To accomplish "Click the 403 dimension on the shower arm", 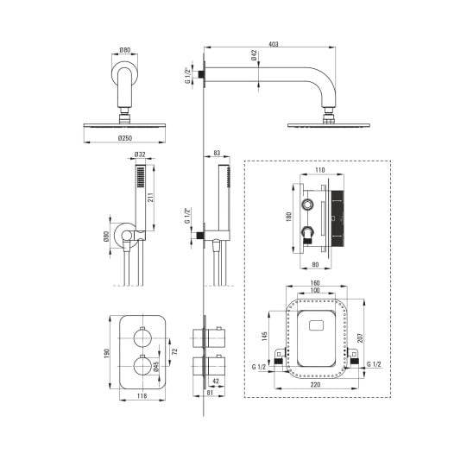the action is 273,44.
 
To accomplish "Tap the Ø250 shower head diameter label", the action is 125,138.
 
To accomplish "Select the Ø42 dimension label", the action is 254,55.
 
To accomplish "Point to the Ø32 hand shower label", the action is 140,155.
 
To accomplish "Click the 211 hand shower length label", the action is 151,198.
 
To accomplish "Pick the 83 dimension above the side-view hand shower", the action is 217,153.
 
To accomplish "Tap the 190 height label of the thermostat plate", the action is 106,353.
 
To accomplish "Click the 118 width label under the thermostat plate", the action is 142,395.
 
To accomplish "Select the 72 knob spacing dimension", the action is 174,351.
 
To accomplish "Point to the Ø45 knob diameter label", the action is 156,367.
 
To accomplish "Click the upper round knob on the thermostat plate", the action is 142,337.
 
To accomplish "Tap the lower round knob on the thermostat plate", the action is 142,366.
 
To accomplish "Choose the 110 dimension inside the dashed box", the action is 320,170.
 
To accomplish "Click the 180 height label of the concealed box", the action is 288,217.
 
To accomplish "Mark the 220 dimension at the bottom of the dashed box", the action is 315,385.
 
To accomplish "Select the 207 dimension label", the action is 361,337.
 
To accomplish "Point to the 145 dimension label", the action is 265,337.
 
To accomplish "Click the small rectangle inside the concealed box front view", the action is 316,325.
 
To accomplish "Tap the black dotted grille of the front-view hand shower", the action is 141,177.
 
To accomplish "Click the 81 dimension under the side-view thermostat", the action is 211,393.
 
